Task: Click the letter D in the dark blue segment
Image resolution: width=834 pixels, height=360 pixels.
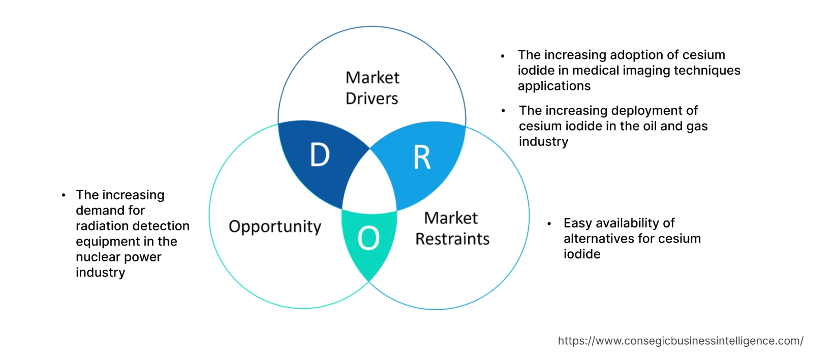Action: click(x=320, y=155)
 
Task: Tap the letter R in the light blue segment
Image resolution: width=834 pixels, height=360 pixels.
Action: click(x=422, y=157)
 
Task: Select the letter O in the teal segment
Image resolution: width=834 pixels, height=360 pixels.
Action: click(x=368, y=238)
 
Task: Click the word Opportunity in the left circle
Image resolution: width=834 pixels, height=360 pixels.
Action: click(x=275, y=226)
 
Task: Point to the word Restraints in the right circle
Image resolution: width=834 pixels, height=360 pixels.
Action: click(x=452, y=239)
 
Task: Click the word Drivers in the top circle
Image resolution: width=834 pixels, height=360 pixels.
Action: click(x=372, y=98)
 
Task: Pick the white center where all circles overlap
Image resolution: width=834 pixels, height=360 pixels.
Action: click(x=370, y=186)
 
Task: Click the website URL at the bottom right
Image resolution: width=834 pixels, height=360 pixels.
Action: click(x=680, y=341)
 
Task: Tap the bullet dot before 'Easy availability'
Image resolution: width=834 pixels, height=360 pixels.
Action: click(x=549, y=224)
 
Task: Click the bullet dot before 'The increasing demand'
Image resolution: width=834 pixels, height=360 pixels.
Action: click(x=64, y=195)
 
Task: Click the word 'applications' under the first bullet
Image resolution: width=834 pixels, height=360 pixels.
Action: click(x=554, y=86)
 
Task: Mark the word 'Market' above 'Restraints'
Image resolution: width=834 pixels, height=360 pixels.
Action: click(x=451, y=218)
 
